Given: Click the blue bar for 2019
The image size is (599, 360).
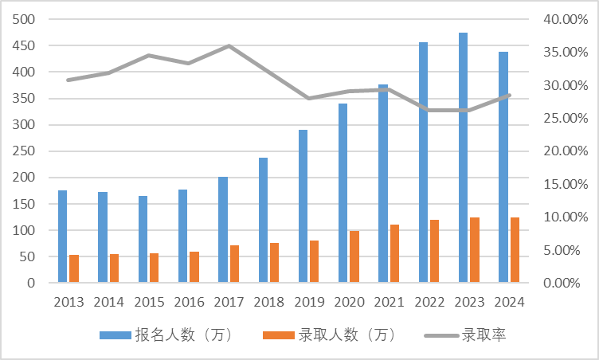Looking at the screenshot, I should coord(303,206).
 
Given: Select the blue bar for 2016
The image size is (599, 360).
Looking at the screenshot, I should coord(182,236).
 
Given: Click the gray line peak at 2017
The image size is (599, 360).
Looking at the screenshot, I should coord(229,46).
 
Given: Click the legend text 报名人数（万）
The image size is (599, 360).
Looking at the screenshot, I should coord(183,335).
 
